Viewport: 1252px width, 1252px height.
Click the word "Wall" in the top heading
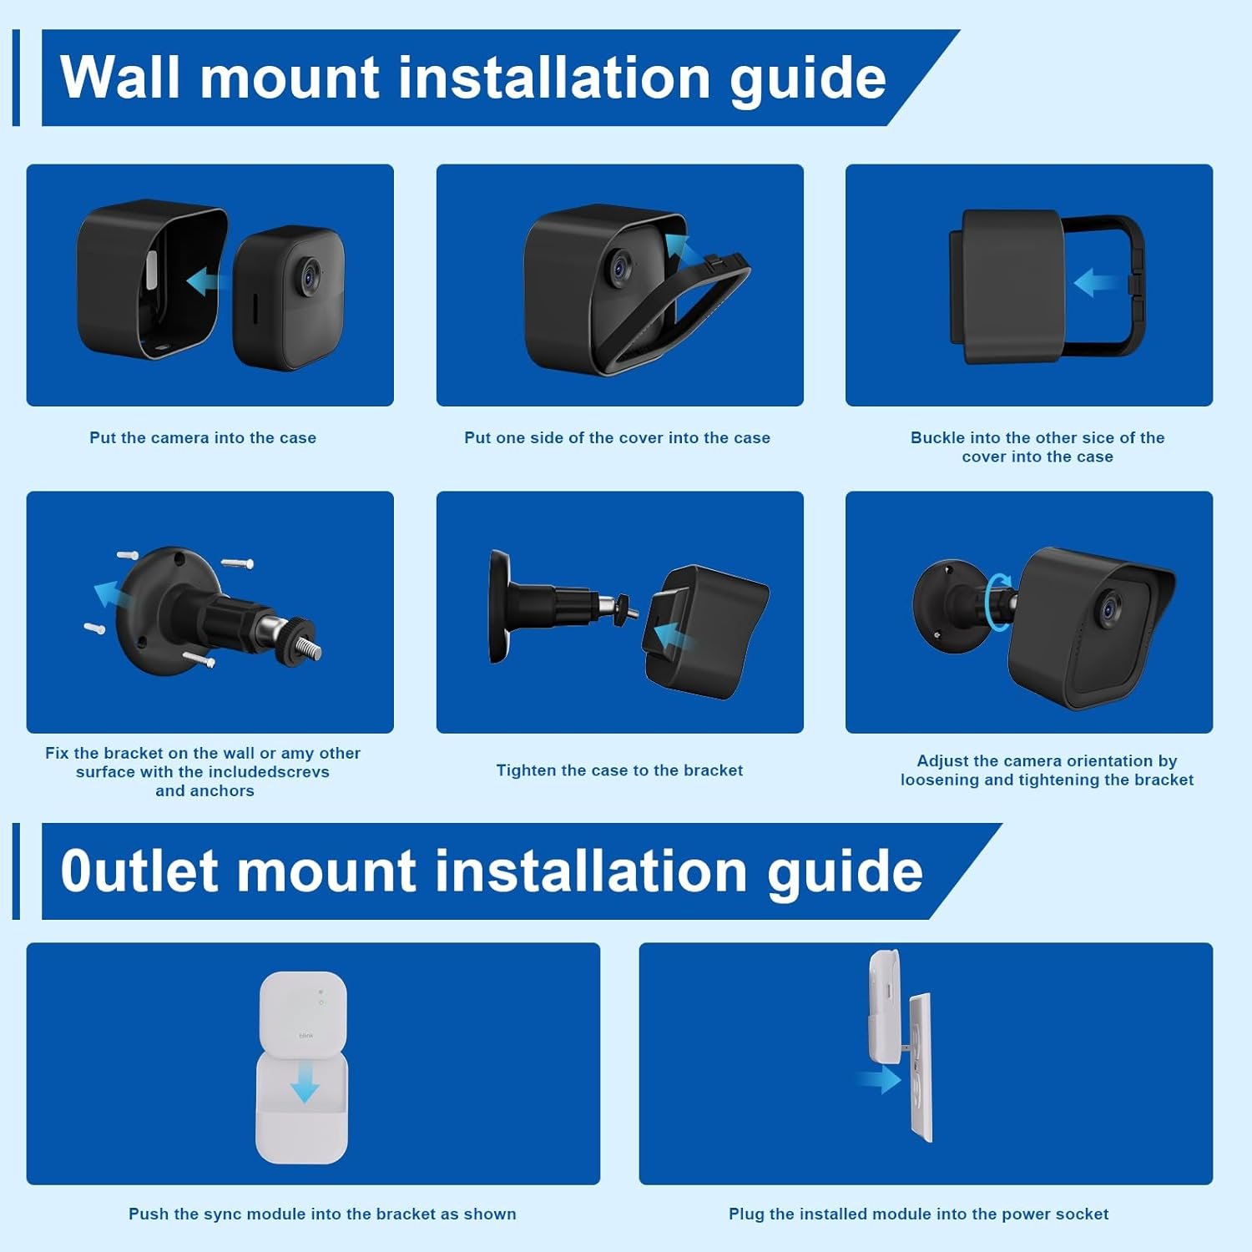click(x=120, y=78)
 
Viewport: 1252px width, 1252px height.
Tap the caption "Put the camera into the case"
click(x=203, y=437)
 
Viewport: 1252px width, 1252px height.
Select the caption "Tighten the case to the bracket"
click(x=619, y=770)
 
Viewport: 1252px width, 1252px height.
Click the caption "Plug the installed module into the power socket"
click(x=918, y=1214)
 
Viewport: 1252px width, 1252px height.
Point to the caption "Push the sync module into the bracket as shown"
click(x=322, y=1214)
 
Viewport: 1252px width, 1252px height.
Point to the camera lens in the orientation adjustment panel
click(x=1109, y=608)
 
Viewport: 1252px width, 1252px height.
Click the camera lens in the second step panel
click(x=620, y=267)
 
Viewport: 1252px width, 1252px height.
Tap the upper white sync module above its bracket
click(x=303, y=1012)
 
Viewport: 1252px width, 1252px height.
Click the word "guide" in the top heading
click(x=807, y=78)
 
